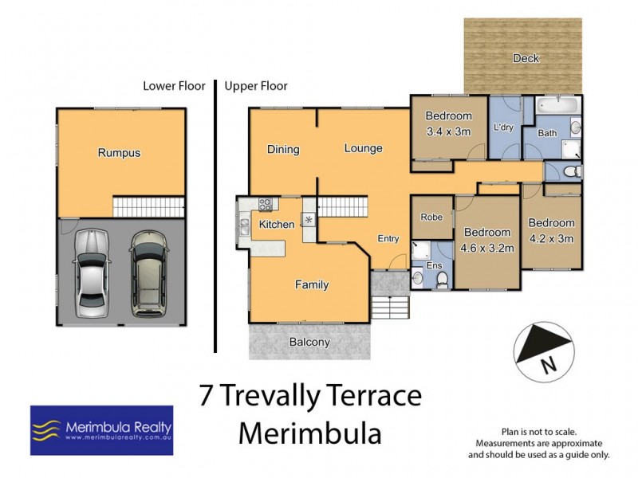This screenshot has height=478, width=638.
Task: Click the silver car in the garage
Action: click(92, 272)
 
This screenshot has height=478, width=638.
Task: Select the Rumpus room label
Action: click(119, 153)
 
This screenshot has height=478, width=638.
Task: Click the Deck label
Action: click(526, 58)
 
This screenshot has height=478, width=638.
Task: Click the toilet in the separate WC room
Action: click(568, 172)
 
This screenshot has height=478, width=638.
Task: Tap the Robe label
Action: click(431, 216)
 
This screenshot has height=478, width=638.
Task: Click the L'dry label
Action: click(503, 127)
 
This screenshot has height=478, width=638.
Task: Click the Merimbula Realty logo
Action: click(101, 430)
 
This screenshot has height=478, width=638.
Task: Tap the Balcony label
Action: click(309, 343)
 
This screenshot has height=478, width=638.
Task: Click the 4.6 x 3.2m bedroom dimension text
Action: click(486, 247)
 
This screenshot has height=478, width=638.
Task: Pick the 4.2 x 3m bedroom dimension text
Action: click(551, 237)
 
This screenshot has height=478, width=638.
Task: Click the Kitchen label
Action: click(277, 225)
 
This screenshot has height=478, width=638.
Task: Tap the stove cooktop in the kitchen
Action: click(266, 204)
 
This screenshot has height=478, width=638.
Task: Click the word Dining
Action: click(282, 149)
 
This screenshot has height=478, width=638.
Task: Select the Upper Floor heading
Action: click(256, 86)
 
